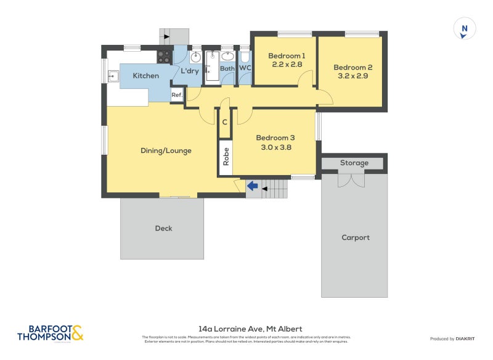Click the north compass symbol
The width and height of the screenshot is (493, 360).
click(465, 29)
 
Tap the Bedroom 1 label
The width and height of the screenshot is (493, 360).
click(287, 55)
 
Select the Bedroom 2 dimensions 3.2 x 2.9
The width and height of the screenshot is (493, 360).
click(352, 77)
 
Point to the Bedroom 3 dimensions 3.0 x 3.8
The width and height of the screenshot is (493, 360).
click(274, 147)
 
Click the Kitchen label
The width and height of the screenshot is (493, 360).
click(146, 76)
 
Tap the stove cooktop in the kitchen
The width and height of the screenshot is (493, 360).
click(165, 57)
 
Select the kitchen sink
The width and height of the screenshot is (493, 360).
click(114, 76)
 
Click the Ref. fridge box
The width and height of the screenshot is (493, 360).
click(177, 95)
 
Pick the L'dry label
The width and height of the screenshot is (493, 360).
click(190, 72)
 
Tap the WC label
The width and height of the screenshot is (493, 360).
click(245, 68)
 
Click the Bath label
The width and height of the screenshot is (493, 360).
click(227, 68)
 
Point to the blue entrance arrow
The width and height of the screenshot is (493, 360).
click(252, 185)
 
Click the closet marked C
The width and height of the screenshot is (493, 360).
click(225, 122)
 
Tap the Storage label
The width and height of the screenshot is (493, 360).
click(354, 163)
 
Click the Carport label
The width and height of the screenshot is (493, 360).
click(356, 237)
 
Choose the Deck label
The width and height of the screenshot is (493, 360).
click(163, 228)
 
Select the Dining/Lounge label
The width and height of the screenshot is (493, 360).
click(166, 150)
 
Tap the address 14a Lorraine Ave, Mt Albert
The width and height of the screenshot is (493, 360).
click(250, 329)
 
